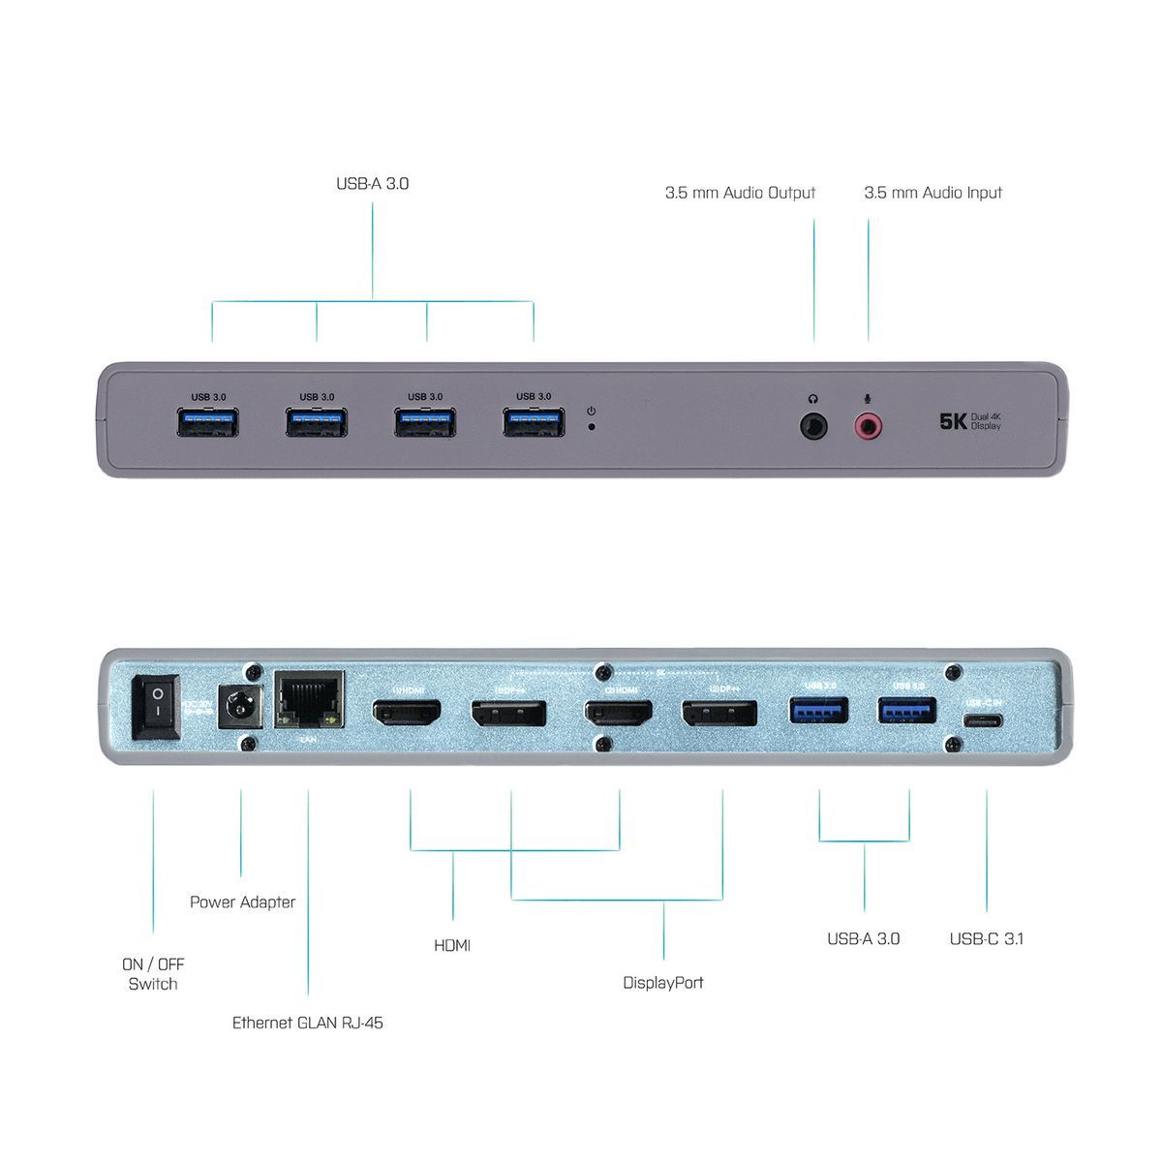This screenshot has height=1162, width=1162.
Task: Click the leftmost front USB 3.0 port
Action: coord(208,422)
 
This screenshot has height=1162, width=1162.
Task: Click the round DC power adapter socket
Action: coord(236,708)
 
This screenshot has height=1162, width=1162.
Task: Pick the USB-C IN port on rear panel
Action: coord(984,720)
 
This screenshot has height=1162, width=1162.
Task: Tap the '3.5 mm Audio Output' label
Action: coord(740,193)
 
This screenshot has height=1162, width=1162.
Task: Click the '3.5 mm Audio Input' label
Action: coord(933,193)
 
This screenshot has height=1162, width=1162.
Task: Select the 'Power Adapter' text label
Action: coord(242,902)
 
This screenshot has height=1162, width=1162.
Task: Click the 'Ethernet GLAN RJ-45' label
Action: coord(307,1022)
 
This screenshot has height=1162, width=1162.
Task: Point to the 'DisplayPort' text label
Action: coord(662,982)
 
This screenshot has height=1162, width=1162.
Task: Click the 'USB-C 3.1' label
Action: coord(987,937)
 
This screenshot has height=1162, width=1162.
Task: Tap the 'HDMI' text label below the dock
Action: coord(453,944)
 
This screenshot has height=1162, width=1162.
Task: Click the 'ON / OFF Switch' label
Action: coord(153,974)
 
